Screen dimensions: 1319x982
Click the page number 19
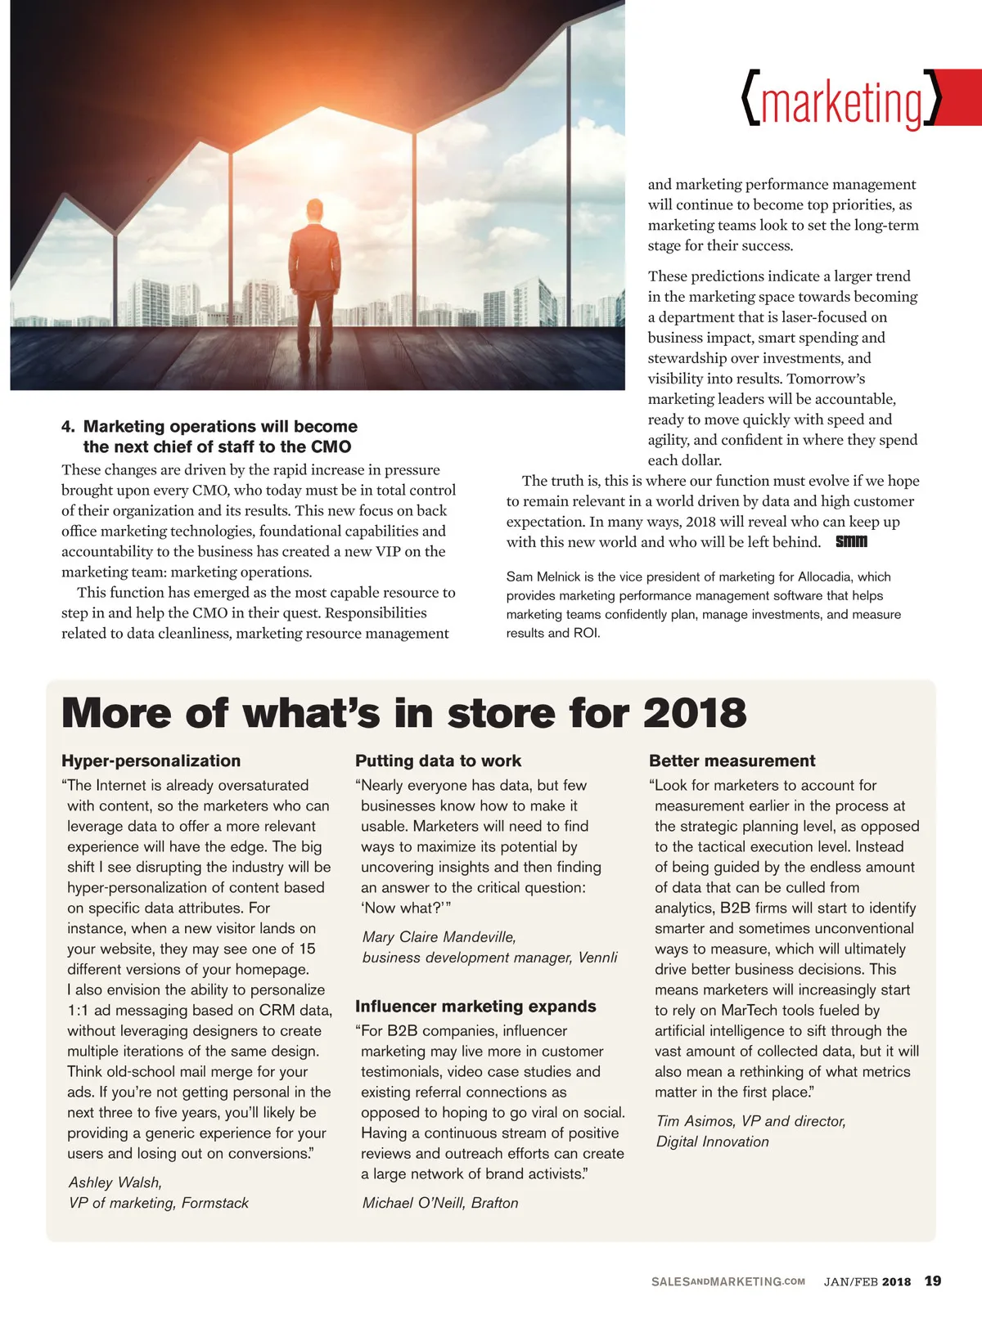pyautogui.click(x=933, y=1281)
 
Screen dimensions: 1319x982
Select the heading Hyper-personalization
pyautogui.click(x=151, y=760)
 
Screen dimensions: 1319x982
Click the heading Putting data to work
pyautogui.click(x=438, y=760)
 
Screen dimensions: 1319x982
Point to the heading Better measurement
pyautogui.click(x=732, y=760)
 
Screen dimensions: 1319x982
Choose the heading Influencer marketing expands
pyautogui.click(x=475, y=1006)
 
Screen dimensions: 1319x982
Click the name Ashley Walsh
pyautogui.click(x=115, y=1182)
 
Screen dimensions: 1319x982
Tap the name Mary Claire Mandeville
pyautogui.click(x=439, y=937)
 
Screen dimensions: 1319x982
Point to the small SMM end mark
pyautogui.click(x=851, y=542)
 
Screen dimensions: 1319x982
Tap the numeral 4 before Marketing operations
pyautogui.click(x=67, y=426)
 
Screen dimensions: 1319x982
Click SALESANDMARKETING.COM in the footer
pyautogui.click(x=727, y=1281)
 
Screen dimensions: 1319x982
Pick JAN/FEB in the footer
pyautogui.click(x=850, y=1281)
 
